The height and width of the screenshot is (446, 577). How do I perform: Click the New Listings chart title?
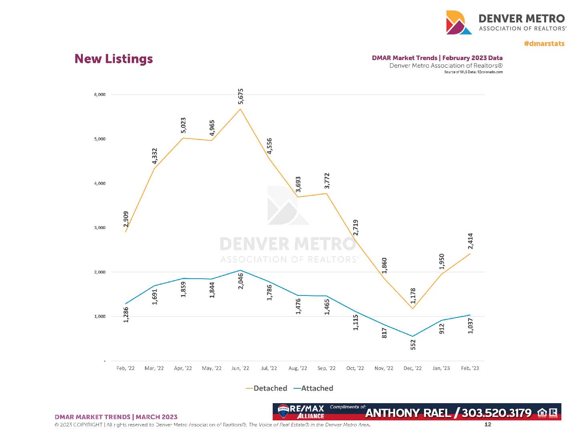click(x=114, y=59)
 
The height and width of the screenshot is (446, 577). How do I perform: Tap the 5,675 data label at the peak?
click(x=240, y=96)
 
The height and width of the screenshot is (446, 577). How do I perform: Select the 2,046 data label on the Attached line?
click(x=241, y=281)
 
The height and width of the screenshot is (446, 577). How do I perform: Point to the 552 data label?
click(x=413, y=345)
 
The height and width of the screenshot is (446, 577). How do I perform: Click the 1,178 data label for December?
click(x=413, y=296)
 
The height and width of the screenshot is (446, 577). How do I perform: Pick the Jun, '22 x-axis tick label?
click(x=240, y=368)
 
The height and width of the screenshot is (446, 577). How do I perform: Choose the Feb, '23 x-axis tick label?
click(x=470, y=368)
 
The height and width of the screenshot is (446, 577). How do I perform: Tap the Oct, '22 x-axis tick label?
click(x=355, y=368)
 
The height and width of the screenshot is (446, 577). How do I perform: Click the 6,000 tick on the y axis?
click(x=100, y=95)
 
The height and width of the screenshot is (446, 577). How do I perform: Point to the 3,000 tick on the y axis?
click(x=100, y=228)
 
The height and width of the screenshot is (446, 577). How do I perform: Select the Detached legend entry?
click(x=267, y=388)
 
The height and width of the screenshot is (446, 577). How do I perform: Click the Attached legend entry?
click(x=314, y=388)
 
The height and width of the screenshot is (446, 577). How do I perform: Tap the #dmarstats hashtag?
click(x=544, y=44)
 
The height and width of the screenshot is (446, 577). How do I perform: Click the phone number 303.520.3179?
click(x=497, y=413)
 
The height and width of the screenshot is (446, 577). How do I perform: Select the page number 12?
click(x=488, y=424)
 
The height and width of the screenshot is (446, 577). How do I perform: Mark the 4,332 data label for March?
click(x=155, y=156)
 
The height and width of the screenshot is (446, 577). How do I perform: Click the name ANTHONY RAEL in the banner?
click(x=408, y=413)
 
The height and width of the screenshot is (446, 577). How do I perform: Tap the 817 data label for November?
click(x=384, y=333)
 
